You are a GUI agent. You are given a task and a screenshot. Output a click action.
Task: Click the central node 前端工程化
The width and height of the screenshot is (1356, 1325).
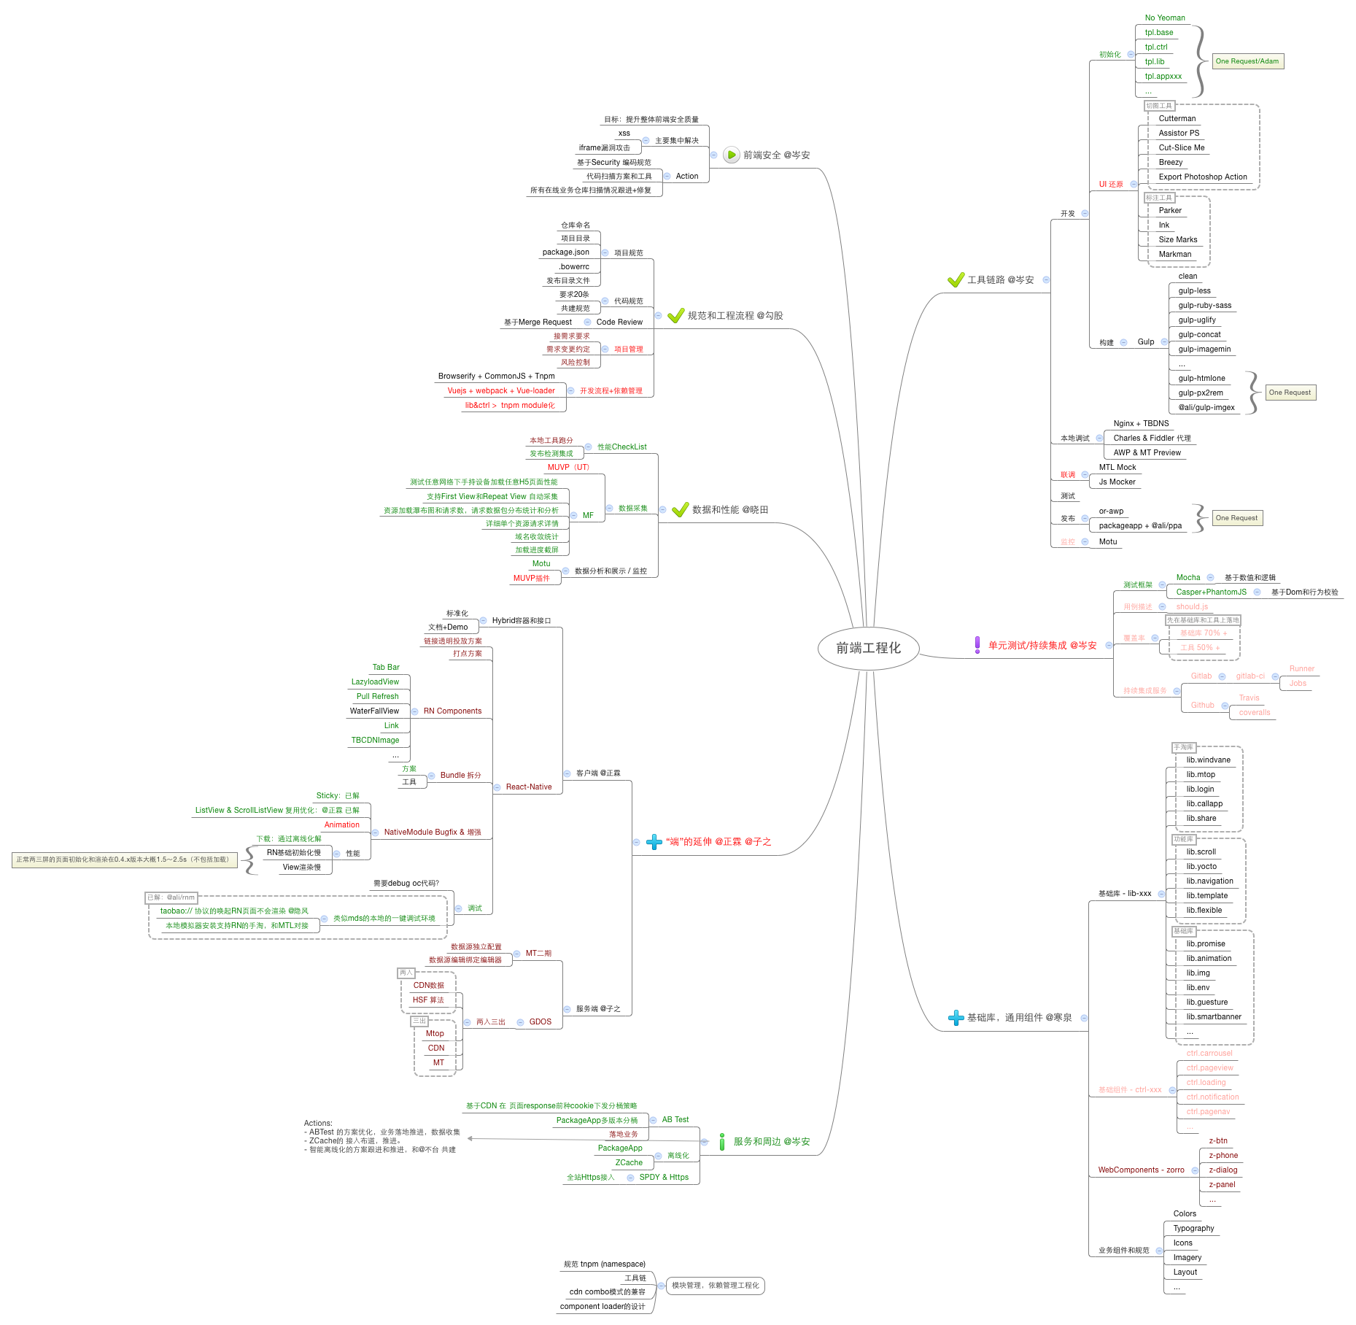(x=868, y=648)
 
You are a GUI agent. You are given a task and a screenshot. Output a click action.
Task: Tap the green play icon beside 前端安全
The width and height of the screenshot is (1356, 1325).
(x=731, y=155)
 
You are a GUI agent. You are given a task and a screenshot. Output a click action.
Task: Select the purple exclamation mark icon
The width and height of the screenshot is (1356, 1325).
(x=977, y=645)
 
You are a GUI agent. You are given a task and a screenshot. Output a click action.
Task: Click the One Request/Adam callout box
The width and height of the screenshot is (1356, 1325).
(x=1247, y=61)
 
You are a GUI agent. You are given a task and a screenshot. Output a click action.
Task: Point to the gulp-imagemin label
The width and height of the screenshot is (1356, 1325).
(x=1204, y=349)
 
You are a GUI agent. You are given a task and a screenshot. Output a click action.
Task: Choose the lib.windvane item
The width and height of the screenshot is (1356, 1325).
(x=1208, y=760)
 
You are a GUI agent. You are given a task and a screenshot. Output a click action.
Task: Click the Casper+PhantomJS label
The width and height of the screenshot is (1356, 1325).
(x=1211, y=592)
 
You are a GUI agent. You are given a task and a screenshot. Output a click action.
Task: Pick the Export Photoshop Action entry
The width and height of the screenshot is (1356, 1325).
(x=1203, y=177)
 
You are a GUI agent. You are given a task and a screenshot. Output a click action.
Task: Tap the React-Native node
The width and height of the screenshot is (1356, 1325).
(x=529, y=787)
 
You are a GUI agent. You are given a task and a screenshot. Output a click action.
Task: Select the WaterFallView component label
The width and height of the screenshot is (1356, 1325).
(x=374, y=711)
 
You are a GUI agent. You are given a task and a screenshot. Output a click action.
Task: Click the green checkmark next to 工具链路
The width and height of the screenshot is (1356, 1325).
(x=956, y=280)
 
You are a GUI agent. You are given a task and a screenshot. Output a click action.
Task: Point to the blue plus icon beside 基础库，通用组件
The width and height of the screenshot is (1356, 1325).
(x=956, y=1018)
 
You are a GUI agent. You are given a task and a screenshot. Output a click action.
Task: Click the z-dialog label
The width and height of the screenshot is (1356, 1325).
(x=1223, y=1170)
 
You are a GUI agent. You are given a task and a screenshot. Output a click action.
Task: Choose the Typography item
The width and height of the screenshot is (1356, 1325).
(x=1193, y=1229)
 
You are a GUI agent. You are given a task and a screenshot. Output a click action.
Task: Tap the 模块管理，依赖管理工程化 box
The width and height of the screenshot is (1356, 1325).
(x=715, y=1286)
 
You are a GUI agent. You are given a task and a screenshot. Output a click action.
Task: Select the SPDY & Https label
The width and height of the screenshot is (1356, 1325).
(x=664, y=1178)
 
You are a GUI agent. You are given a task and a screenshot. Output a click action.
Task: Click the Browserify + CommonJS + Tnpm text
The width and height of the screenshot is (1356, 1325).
(x=496, y=376)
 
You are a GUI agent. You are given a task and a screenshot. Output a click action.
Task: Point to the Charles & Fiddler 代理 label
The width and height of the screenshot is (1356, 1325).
(x=1152, y=439)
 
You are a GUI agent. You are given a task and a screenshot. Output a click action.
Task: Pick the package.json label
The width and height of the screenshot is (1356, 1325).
(x=565, y=252)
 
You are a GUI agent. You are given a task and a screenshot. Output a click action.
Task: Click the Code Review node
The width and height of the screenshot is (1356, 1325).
(x=619, y=322)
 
